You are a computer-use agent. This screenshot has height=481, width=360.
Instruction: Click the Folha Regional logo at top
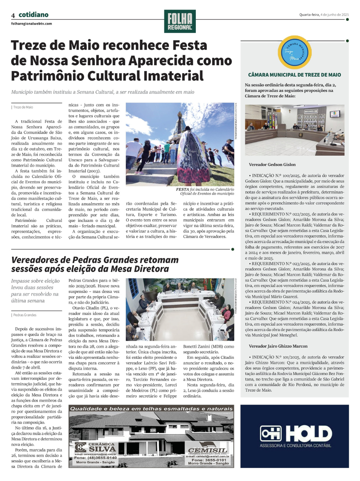(180, 21)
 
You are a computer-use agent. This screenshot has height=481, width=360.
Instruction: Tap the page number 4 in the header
(13, 15)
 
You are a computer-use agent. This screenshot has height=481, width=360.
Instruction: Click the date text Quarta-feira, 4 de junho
(324, 15)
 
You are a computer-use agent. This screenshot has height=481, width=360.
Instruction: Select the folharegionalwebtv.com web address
(31, 24)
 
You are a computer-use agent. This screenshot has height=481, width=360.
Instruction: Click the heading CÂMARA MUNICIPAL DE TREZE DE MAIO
(294, 75)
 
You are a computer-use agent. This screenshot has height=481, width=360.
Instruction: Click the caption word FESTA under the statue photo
(183, 189)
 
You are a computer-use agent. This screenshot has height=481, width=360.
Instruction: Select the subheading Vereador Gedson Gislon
(272, 165)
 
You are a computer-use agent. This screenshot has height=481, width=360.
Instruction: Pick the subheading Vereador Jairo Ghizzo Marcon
(278, 346)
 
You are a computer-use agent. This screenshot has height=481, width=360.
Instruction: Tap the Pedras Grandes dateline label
(25, 315)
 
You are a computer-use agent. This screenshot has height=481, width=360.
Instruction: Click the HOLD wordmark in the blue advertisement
(309, 433)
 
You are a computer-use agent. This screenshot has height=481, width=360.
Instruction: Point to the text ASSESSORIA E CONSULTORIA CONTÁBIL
(295, 446)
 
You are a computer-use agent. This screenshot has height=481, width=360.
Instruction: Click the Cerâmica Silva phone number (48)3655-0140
(95, 458)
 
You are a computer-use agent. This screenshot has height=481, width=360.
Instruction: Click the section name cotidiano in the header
(33, 15)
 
